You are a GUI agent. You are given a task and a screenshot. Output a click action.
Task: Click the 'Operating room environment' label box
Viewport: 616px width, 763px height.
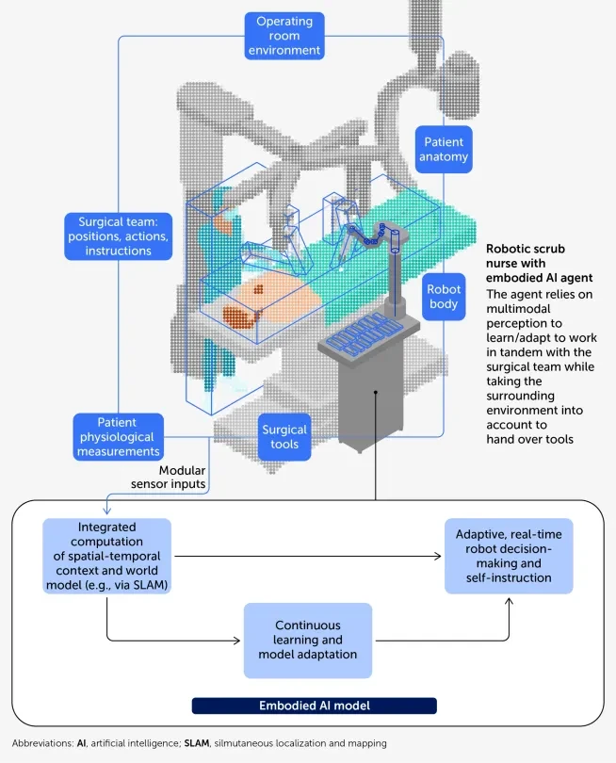284,36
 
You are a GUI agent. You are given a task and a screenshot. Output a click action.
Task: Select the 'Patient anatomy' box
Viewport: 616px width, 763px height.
444,150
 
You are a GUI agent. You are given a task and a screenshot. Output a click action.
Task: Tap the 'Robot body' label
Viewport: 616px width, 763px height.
444,297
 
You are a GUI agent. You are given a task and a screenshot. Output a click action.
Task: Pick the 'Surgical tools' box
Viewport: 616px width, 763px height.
284,437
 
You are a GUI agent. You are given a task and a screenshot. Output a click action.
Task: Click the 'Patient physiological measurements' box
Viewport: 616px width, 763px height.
119,437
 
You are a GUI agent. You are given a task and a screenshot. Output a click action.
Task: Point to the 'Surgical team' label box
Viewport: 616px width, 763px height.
119,236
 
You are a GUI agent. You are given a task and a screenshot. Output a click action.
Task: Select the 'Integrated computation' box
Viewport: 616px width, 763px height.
107,556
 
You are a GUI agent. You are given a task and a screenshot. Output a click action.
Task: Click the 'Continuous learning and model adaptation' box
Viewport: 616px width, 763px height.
307,640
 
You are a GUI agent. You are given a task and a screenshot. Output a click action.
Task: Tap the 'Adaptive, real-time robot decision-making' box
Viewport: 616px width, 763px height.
509,556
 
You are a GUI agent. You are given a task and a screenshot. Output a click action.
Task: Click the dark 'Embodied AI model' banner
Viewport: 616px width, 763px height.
315,706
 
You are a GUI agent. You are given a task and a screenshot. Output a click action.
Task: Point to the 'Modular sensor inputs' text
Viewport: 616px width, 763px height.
169,477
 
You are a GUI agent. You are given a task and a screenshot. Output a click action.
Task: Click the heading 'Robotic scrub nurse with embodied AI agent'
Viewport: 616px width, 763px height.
539,263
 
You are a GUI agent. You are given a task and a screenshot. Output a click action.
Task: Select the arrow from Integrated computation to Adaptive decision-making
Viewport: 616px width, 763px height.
307,556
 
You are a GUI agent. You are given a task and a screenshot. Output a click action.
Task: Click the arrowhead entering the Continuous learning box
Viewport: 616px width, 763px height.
237,641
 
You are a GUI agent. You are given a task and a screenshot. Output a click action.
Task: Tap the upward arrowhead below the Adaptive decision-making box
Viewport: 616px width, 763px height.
509,601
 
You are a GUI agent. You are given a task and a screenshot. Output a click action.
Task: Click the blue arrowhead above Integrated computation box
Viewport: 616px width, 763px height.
107,511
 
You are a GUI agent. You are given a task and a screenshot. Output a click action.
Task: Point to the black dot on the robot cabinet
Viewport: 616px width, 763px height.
376,392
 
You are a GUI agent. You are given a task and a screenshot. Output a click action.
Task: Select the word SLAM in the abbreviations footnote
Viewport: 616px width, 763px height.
197,743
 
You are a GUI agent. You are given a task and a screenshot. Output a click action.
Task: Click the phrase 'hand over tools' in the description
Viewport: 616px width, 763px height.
530,439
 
